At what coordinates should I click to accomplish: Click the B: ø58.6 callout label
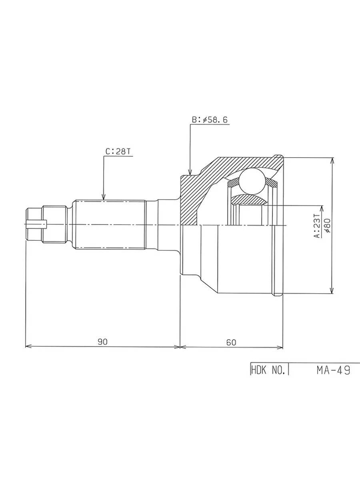(210, 120)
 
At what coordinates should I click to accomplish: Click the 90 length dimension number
(102, 342)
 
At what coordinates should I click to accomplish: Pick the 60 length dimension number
(231, 342)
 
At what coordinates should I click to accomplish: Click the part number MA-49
(333, 370)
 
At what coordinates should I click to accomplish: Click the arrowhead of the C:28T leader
(104, 196)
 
